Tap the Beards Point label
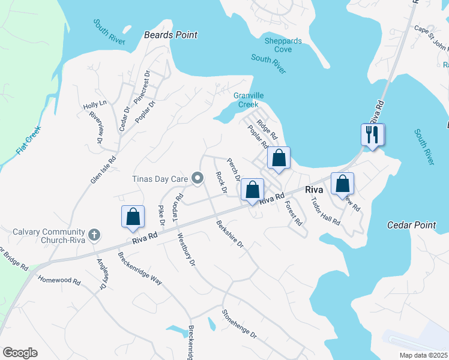[170, 35]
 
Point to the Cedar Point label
[408, 225]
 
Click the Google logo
[20, 352]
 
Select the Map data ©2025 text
[423, 355]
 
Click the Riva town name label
[315, 190]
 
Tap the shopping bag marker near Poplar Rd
[279, 158]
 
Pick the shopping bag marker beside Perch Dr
[253, 190]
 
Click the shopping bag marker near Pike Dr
[133, 217]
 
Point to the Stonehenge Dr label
[239, 323]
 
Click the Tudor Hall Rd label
[326, 211]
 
